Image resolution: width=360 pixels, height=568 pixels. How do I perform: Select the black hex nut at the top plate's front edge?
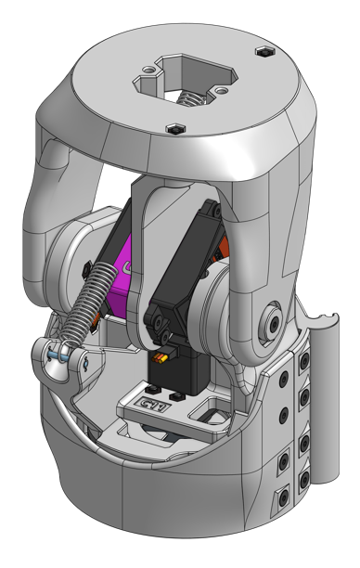174,127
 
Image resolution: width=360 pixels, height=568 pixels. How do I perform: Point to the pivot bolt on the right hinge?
274,320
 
